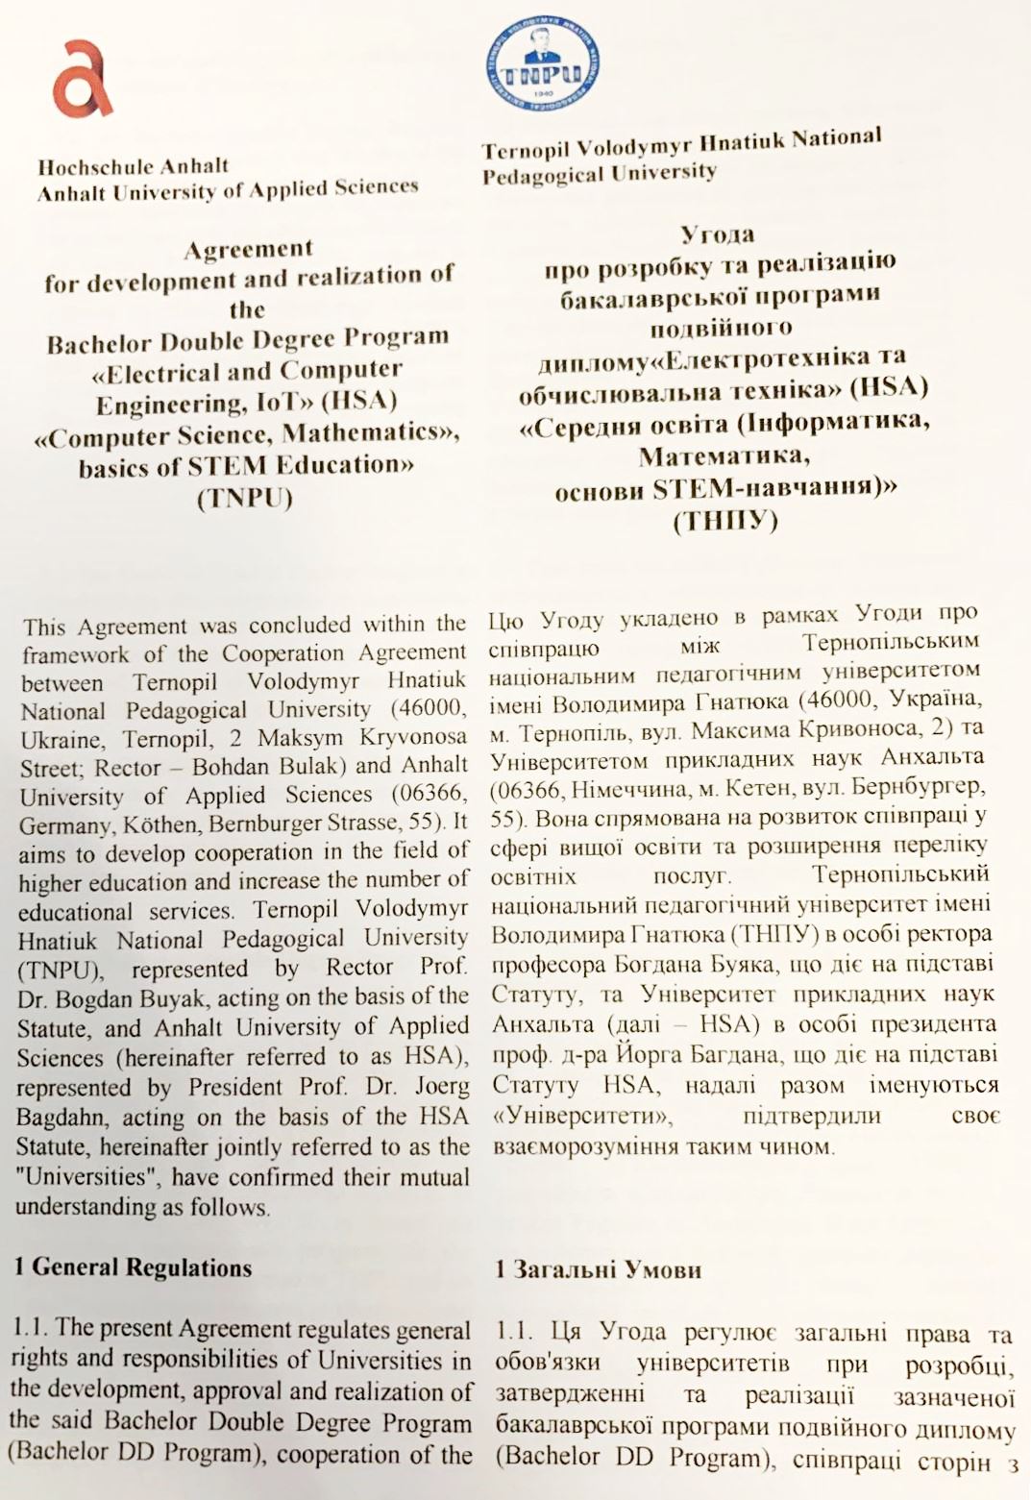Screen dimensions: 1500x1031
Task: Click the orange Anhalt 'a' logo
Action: point(82,79)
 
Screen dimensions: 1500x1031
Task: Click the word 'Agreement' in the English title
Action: point(249,249)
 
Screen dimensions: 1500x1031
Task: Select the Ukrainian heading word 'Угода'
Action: point(718,234)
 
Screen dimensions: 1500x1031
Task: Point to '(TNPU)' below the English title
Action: point(244,500)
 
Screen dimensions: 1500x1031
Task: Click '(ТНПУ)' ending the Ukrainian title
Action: point(725,522)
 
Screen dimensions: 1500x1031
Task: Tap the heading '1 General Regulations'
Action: point(134,1267)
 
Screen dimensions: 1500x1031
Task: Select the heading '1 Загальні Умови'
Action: point(598,1270)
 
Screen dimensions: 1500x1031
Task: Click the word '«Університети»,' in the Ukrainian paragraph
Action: point(582,1118)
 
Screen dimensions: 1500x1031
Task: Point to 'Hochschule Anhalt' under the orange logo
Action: point(134,166)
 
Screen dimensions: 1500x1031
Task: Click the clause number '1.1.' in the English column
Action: point(31,1328)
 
